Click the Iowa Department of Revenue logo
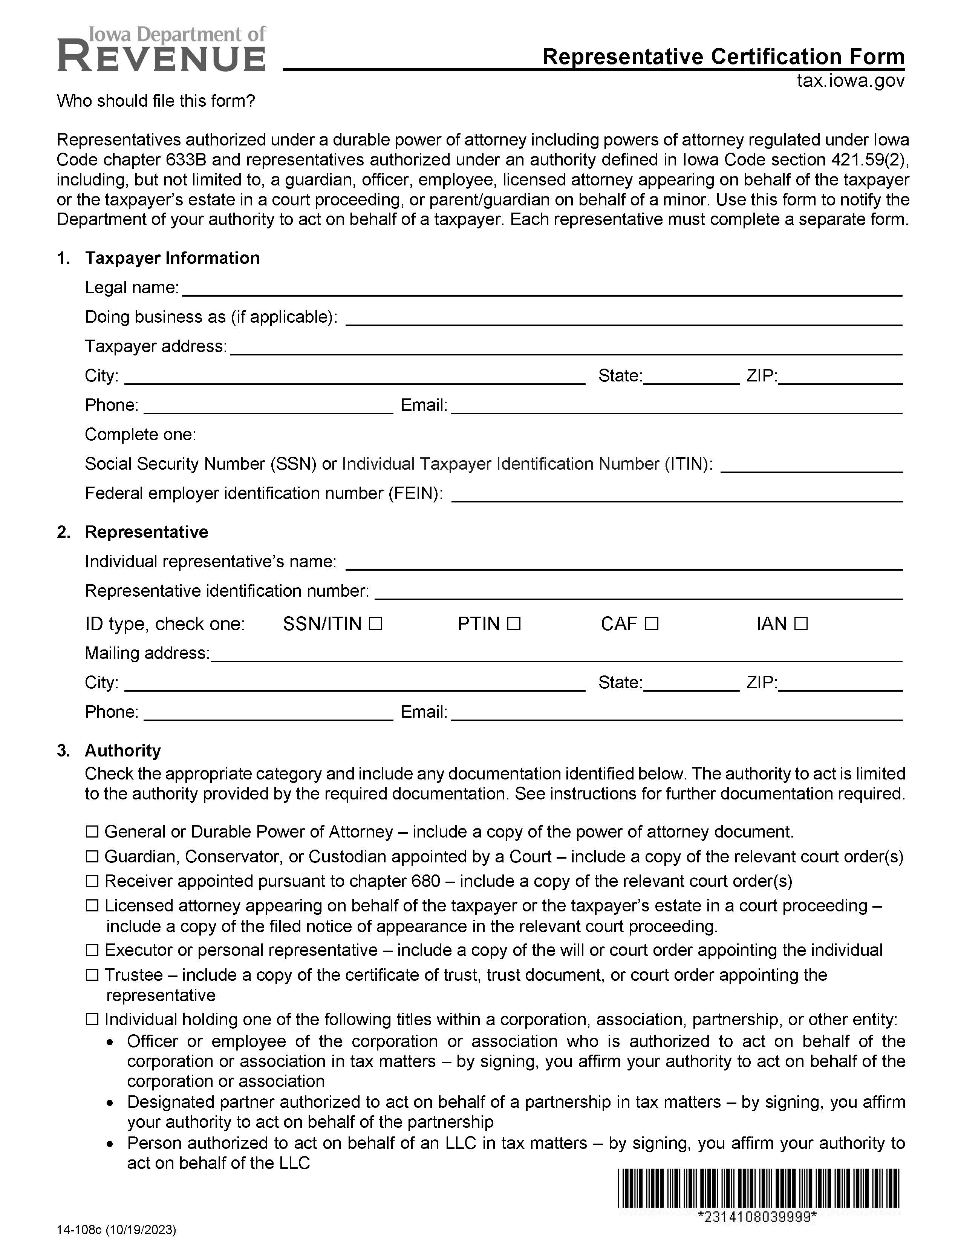pos(161,50)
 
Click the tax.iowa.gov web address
pos(850,81)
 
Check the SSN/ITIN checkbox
pos(375,624)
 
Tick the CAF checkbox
pos(652,624)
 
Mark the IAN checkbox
pos(801,624)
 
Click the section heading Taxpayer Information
pos(172,258)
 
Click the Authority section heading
pos(123,751)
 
